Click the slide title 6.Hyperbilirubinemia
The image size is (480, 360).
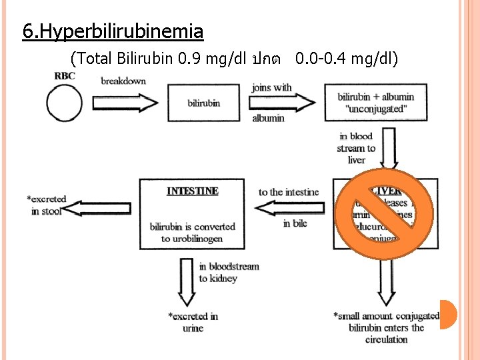(x=113, y=31)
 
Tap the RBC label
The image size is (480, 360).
(x=65, y=75)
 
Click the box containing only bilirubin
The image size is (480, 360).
(x=203, y=103)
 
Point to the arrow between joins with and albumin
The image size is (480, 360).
(x=282, y=102)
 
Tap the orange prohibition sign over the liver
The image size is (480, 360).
(x=384, y=213)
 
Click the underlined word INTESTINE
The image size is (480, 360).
(x=193, y=191)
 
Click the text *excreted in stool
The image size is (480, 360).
(x=47, y=205)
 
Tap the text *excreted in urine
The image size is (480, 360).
(x=193, y=322)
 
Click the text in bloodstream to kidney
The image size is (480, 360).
(x=229, y=272)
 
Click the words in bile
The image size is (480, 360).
(x=295, y=223)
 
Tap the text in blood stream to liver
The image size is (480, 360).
(x=356, y=148)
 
